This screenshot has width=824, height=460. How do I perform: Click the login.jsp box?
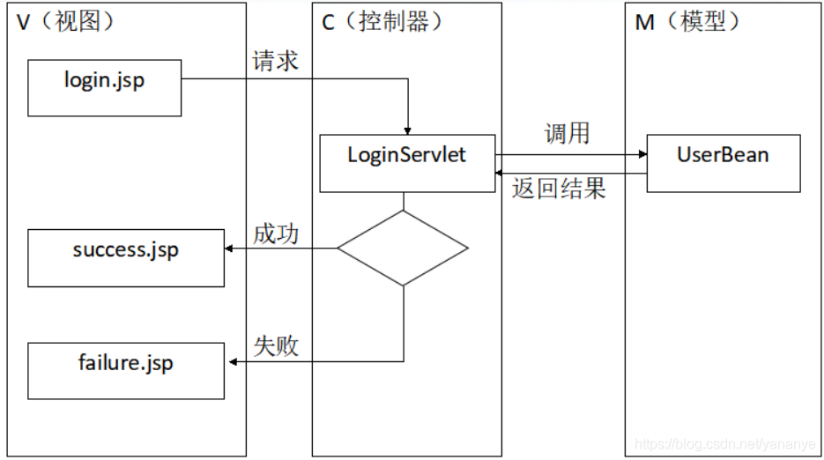click(x=104, y=87)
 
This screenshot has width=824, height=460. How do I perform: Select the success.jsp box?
click(x=125, y=257)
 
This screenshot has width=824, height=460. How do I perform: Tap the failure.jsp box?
click(x=125, y=370)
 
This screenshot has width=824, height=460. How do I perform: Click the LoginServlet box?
click(x=406, y=163)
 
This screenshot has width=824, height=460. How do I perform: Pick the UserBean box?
click(x=723, y=163)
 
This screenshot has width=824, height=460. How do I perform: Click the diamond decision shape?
click(x=403, y=249)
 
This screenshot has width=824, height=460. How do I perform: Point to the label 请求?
click(x=275, y=61)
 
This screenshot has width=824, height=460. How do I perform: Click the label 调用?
click(x=567, y=134)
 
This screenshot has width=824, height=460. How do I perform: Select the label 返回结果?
click(x=559, y=189)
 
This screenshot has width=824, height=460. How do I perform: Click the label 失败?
click(x=275, y=346)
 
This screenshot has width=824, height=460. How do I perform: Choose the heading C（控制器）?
click(x=378, y=23)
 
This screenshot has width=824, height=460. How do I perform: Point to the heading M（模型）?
click(x=688, y=23)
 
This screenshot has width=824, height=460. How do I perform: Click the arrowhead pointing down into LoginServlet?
click(x=408, y=130)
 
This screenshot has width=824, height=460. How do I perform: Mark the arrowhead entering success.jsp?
click(x=229, y=249)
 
